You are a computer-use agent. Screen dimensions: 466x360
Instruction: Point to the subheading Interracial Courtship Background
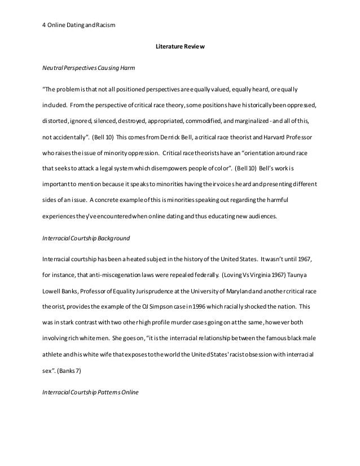point(86,238)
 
